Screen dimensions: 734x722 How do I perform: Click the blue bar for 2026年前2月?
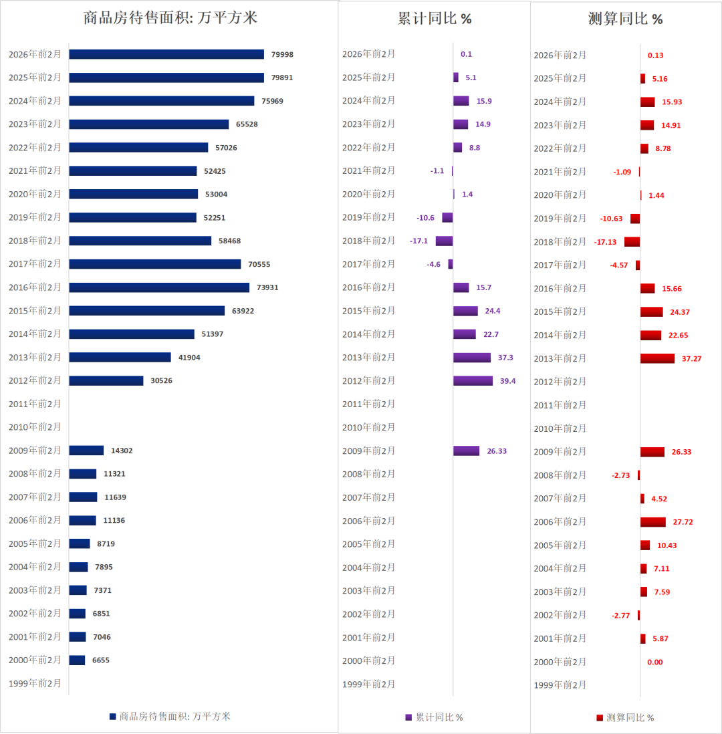[166, 54]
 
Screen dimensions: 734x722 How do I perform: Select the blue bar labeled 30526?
[106, 380]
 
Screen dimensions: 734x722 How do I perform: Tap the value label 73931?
[267, 287]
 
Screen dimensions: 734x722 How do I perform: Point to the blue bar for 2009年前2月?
[86, 451]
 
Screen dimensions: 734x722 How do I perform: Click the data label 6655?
[101, 660]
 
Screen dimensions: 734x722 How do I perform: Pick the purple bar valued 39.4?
[473, 380]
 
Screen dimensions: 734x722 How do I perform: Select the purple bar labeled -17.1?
[444, 241]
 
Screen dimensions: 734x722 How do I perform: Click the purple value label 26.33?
[497, 451]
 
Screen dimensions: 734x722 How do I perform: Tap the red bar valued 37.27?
[657, 358]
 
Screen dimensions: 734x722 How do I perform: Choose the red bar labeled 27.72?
[652, 521]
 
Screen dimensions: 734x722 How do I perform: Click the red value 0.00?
[655, 662]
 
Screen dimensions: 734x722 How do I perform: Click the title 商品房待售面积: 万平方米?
[170, 18]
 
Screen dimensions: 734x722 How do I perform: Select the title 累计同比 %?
[435, 18]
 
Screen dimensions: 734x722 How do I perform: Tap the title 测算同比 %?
[626, 19]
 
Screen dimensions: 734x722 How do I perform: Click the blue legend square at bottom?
[113, 717]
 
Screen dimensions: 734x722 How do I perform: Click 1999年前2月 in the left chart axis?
[35, 684]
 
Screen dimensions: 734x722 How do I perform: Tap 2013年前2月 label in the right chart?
[560, 359]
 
